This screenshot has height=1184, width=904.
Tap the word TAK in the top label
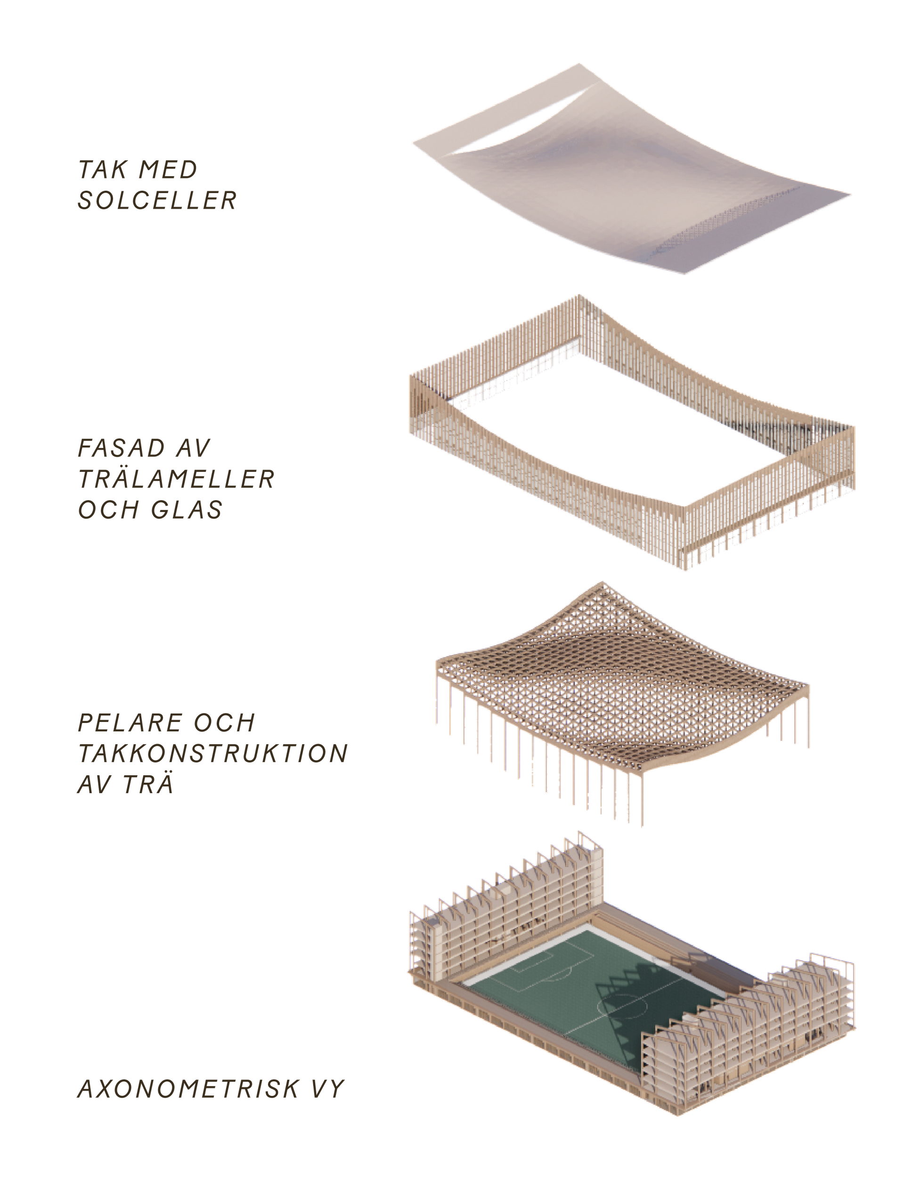(x=103, y=170)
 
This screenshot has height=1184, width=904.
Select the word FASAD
(x=121, y=448)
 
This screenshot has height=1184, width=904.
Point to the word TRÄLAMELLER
(x=177, y=479)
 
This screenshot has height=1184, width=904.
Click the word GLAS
(x=187, y=510)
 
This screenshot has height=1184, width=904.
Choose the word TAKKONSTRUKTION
(x=213, y=753)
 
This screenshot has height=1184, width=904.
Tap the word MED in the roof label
(x=168, y=170)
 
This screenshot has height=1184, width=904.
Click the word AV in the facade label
(x=193, y=448)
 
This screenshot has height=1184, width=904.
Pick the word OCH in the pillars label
(x=223, y=722)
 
